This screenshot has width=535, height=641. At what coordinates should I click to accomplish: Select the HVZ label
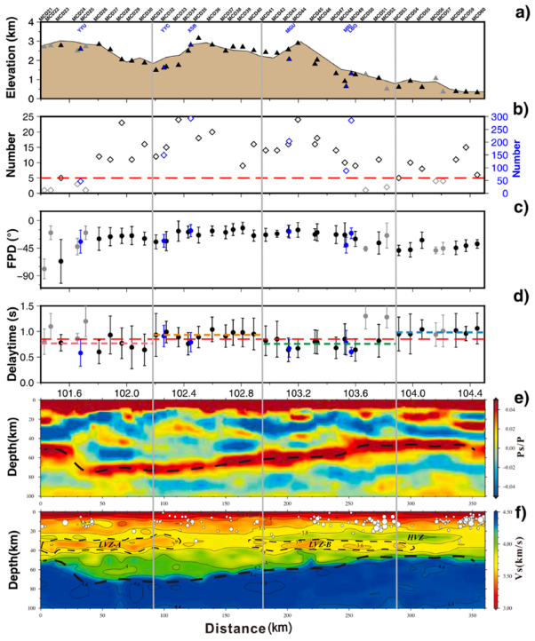[416, 537]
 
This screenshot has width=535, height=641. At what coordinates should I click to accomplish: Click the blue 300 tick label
[500, 116]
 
